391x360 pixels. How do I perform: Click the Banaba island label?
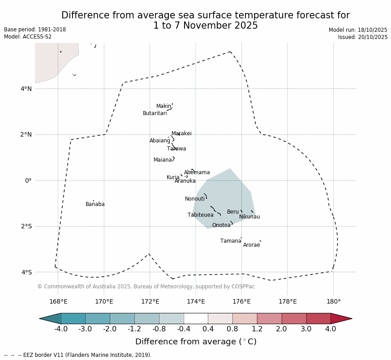tap(95, 204)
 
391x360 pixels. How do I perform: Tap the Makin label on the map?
tap(163, 106)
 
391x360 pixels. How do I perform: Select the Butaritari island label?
tap(155, 113)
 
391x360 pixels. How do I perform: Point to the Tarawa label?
tap(176, 149)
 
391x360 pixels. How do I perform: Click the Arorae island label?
tap(251, 245)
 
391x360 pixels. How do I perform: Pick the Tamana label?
tap(231, 241)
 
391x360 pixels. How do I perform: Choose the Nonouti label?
tap(195, 199)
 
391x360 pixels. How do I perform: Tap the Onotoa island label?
tap(221, 225)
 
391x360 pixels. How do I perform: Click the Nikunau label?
tap(249, 217)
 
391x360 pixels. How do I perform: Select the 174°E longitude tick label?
tap(196, 301)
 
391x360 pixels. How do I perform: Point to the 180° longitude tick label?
tap(333, 301)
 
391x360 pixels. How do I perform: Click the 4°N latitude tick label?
tap(26, 89)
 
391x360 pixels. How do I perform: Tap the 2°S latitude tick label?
tap(26, 226)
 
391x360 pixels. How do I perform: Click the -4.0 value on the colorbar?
tap(60, 329)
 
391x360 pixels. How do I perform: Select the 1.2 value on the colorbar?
tap(257, 329)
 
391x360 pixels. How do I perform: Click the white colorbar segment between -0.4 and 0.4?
tap(196, 318)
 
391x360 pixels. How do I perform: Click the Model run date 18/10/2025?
tap(358, 30)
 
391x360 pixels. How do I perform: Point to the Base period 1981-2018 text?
tap(35, 30)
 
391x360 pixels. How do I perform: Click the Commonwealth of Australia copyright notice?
tap(146, 287)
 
